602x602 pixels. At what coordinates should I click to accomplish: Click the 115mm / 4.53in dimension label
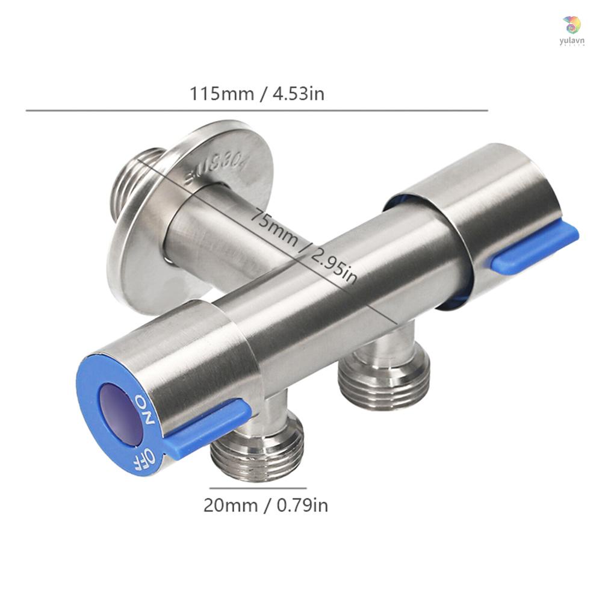[x=257, y=94]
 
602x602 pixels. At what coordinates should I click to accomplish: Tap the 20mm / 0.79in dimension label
[x=265, y=504]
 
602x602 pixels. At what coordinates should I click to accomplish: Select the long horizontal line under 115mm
[x=257, y=111]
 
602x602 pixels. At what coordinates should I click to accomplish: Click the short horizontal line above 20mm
[x=258, y=488]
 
